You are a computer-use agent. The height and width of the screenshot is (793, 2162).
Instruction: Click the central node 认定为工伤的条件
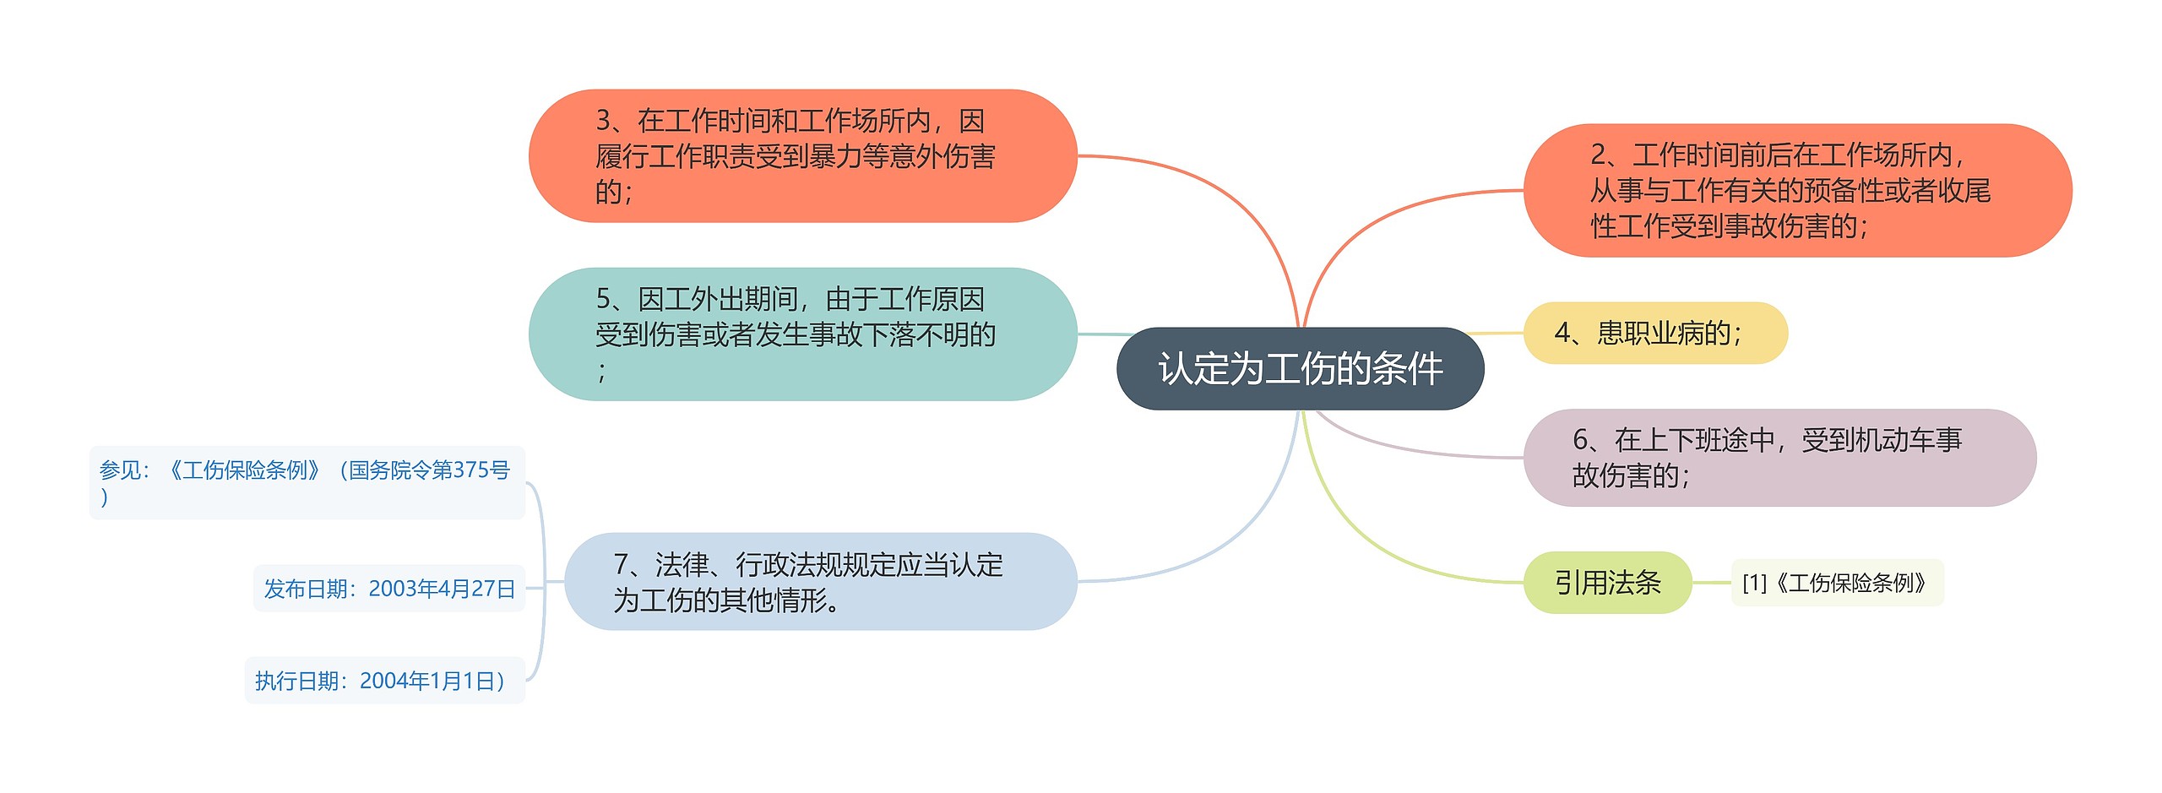coord(1300,368)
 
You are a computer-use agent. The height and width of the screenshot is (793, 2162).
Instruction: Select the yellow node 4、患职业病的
coord(1654,333)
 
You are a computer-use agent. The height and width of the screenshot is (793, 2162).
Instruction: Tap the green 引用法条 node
coord(1607,582)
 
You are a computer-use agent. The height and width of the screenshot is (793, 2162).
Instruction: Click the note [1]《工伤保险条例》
coord(1837,583)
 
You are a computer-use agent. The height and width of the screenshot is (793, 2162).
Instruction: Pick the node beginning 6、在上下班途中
coord(1779,458)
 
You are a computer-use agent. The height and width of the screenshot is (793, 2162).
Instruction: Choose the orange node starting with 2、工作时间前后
coord(1796,190)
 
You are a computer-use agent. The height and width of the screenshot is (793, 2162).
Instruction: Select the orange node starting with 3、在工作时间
coord(802,156)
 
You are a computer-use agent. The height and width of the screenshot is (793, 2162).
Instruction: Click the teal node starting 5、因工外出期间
coord(802,334)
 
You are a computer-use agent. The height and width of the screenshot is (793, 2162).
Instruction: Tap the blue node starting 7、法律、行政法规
coord(820,582)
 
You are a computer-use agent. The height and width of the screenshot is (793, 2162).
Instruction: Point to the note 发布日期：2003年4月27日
coord(389,589)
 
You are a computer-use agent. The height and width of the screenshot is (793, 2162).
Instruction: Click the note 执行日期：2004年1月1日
coord(384,681)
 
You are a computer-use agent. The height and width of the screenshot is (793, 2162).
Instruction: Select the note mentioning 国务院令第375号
coord(307,482)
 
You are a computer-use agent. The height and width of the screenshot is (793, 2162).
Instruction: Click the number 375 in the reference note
coord(470,470)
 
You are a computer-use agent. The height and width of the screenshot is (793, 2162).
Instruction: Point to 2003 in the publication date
coord(393,589)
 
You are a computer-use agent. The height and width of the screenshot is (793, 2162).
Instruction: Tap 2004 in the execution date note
coord(383,681)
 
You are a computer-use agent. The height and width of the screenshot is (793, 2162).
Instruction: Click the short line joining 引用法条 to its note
coord(1711,582)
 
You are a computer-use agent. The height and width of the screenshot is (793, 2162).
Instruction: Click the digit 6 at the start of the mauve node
coord(1580,440)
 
